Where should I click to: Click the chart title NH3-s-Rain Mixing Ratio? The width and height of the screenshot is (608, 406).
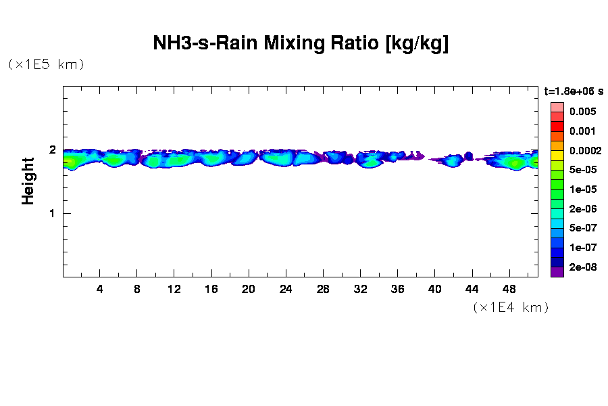click(x=301, y=44)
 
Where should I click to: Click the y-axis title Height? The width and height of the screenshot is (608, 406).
click(x=28, y=181)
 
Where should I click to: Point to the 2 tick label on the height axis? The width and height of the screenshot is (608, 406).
click(x=51, y=150)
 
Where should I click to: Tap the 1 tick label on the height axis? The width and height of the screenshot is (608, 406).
click(x=51, y=213)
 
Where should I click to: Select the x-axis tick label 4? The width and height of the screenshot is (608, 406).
click(x=100, y=290)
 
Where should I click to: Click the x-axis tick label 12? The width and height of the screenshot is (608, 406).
click(x=174, y=290)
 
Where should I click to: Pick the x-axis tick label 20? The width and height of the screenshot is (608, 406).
click(x=249, y=290)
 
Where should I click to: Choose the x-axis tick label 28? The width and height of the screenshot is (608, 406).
click(x=323, y=290)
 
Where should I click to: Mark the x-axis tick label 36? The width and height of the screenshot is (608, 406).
click(x=397, y=290)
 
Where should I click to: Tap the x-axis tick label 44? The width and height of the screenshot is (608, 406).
click(x=472, y=290)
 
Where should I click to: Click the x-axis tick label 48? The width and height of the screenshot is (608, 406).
click(x=509, y=290)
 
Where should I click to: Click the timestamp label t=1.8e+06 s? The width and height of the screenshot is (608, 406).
click(x=574, y=91)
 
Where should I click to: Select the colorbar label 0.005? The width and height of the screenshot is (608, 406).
click(x=582, y=112)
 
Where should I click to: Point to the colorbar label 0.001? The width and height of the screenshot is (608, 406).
click(x=582, y=131)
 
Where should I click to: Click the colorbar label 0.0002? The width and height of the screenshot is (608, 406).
click(x=585, y=151)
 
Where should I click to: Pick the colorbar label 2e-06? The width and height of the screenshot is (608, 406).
click(x=582, y=209)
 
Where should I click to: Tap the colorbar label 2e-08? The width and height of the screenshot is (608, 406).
click(x=582, y=267)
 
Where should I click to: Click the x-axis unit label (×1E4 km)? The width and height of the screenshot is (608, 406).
click(x=510, y=308)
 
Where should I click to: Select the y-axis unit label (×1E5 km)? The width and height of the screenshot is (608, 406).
click(x=46, y=65)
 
